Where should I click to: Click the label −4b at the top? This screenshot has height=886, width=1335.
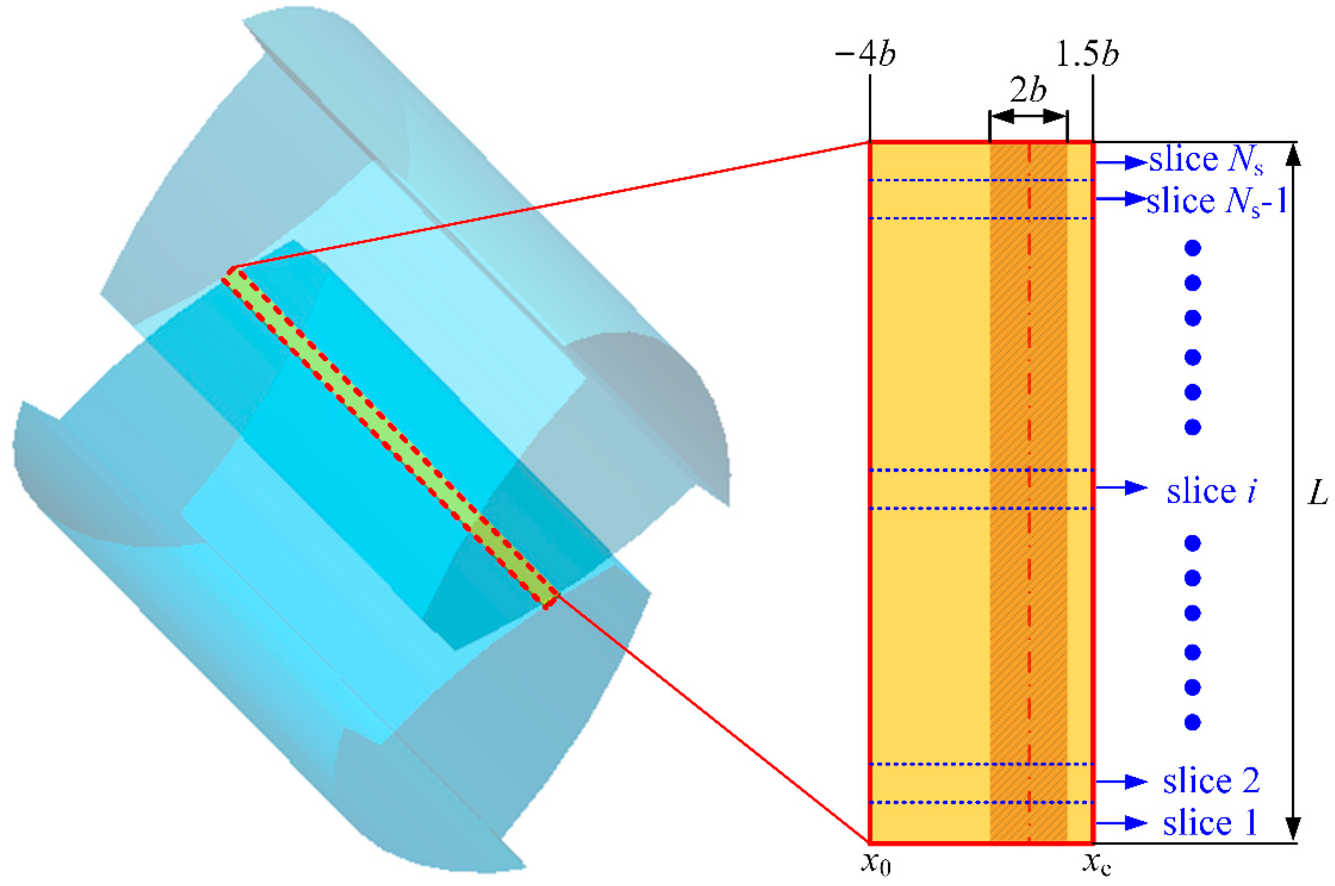click(x=865, y=55)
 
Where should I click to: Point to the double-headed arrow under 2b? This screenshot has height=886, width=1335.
click(x=1028, y=117)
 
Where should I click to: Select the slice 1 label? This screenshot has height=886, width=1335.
click(x=1210, y=823)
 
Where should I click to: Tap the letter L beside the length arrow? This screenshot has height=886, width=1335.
click(x=1318, y=493)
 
